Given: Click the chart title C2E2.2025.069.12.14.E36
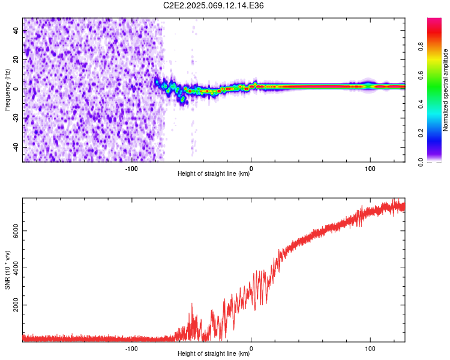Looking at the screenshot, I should pyautogui.click(x=214, y=5).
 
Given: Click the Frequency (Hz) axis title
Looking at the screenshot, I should pyautogui.click(x=7, y=89).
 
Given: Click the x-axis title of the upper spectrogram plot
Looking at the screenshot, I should pyautogui.click(x=214, y=174).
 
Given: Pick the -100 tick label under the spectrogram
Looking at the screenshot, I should pyautogui.click(x=131, y=169).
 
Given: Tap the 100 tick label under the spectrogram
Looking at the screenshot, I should pyautogui.click(x=370, y=169).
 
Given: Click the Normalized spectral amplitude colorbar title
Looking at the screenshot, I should pyautogui.click(x=445, y=90).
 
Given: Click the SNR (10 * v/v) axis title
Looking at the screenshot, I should pyautogui.click(x=7, y=271).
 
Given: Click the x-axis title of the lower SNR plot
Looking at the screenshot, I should pyautogui.click(x=214, y=354).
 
